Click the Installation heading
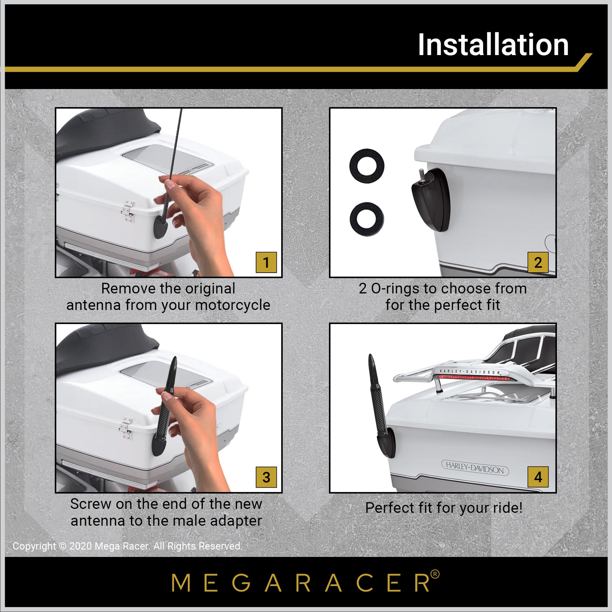(x=493, y=45)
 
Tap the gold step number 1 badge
(x=266, y=262)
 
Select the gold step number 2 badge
(x=538, y=262)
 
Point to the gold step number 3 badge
(x=266, y=477)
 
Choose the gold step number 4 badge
(x=538, y=477)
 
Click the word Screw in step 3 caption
(x=91, y=504)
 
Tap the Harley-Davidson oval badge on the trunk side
(x=475, y=468)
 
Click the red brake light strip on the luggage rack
(x=473, y=378)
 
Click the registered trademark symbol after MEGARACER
(x=435, y=574)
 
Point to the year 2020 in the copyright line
(x=81, y=546)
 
